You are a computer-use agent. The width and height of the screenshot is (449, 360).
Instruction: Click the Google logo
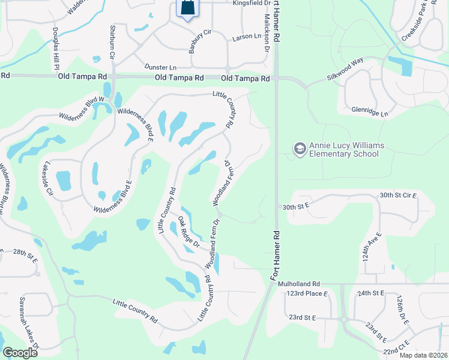tap(20, 353)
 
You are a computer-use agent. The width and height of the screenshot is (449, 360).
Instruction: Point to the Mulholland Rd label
tap(304, 284)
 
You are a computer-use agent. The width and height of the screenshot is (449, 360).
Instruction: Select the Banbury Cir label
tap(200, 40)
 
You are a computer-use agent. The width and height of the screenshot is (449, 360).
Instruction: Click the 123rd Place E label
tap(307, 293)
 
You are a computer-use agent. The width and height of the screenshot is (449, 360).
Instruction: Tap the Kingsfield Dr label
tap(251, 3)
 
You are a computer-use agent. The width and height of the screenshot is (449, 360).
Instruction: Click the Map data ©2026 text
tap(424, 355)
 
